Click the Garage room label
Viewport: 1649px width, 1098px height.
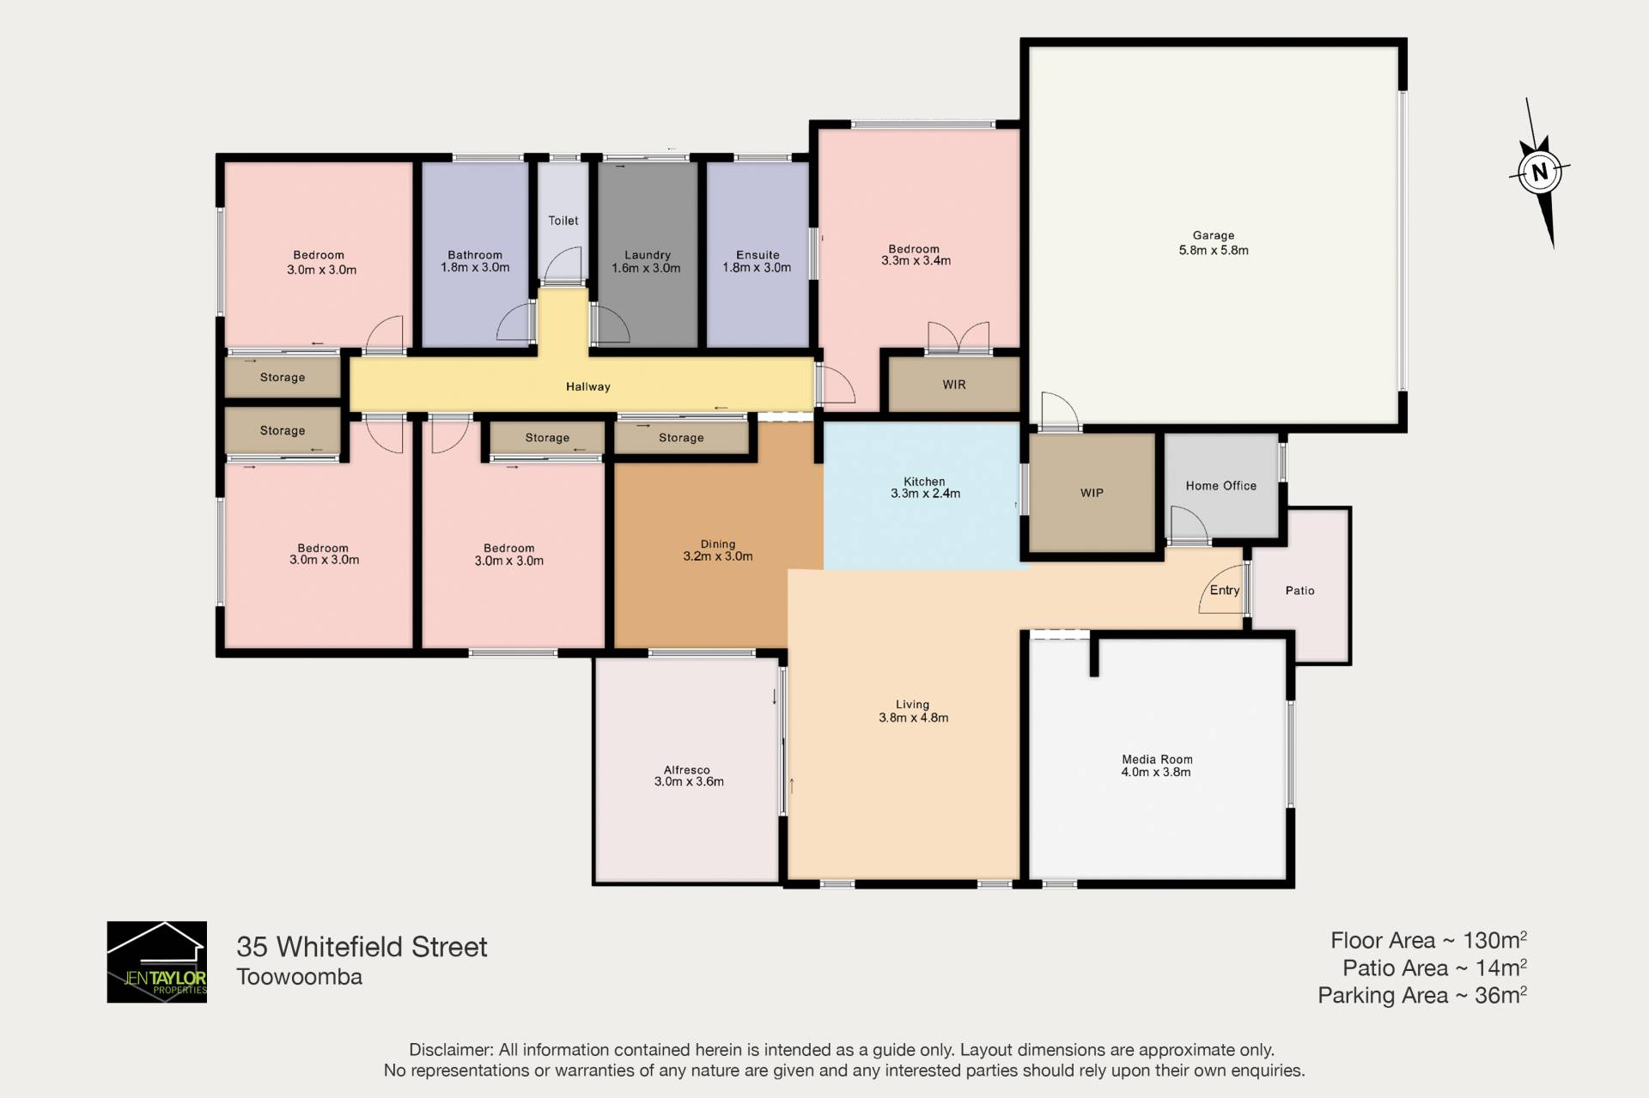[x=1214, y=235]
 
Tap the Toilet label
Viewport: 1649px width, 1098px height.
[x=563, y=221]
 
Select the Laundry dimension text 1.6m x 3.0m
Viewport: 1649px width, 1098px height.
[x=646, y=268]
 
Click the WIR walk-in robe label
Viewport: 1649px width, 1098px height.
[x=954, y=385]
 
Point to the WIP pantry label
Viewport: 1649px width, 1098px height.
[x=1092, y=493]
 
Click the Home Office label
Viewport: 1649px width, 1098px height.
[x=1221, y=486]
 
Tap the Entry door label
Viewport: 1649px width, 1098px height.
[x=1225, y=590]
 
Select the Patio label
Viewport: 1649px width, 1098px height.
[x=1300, y=591]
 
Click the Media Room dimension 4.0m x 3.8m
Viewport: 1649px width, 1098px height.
[x=1156, y=772]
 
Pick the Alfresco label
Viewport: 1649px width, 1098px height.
[x=687, y=770]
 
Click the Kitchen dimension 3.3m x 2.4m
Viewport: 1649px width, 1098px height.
[x=925, y=494]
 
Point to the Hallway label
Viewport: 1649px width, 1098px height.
[x=588, y=387]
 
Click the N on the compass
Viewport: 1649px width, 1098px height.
[x=1539, y=172]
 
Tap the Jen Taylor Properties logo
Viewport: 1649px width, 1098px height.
[x=157, y=962]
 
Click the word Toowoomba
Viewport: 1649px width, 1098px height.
[x=300, y=977]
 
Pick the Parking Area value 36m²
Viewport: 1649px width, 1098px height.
[x=1500, y=995]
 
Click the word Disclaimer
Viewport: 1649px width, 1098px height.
[x=451, y=1050]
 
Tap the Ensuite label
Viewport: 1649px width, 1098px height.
[x=758, y=255]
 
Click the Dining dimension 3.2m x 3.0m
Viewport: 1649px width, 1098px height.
[x=718, y=556]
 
